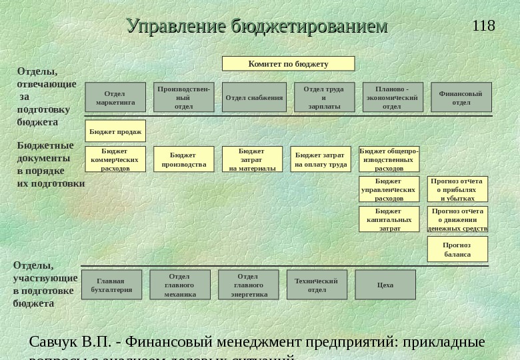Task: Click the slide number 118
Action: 483,26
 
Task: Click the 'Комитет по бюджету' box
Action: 288,64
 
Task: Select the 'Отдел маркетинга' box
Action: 115,97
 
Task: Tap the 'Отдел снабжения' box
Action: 254,97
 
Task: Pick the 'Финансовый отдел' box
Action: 461,97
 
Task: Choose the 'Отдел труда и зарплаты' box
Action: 324,97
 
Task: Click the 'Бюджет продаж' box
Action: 115,131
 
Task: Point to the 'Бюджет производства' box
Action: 184,159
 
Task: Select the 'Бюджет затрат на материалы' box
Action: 252,159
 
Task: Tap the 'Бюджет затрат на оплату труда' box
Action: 321,159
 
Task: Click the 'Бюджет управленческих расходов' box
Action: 389,189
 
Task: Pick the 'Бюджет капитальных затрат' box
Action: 389,219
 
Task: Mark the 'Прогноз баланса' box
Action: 457,249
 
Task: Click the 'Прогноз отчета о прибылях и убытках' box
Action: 457,189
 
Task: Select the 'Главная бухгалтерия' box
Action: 112,285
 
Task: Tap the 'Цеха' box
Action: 385,285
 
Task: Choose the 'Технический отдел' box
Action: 317,285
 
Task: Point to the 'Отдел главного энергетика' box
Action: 249,285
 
